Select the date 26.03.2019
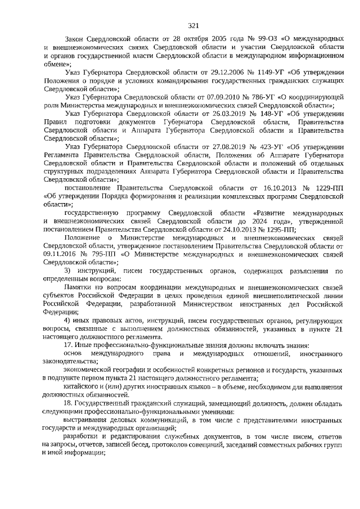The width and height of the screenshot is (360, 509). (x=200, y=113)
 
